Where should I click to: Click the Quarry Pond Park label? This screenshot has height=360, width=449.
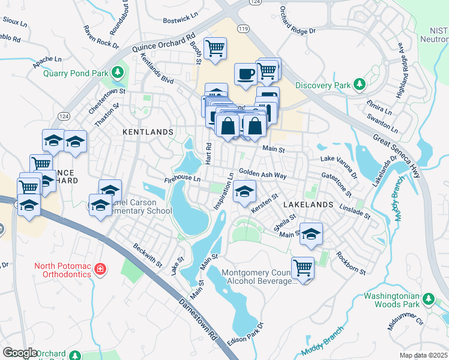75,74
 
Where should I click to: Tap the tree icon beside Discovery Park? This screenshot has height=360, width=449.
360,84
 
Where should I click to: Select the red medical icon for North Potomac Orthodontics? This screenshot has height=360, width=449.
100,269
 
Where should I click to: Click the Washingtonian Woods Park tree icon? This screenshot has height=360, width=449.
428,298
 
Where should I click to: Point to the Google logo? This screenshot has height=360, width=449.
20,353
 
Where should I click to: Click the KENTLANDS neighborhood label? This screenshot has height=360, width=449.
148,131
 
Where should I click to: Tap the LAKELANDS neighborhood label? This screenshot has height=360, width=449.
307,205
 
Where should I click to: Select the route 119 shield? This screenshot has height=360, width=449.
243,28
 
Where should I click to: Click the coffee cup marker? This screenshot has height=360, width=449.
246,74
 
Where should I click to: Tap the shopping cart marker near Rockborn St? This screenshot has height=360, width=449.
303,268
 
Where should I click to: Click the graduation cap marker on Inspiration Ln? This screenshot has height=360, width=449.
244,193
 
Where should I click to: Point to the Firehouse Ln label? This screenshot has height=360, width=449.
182,179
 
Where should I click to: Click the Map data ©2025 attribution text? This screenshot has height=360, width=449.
423,355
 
